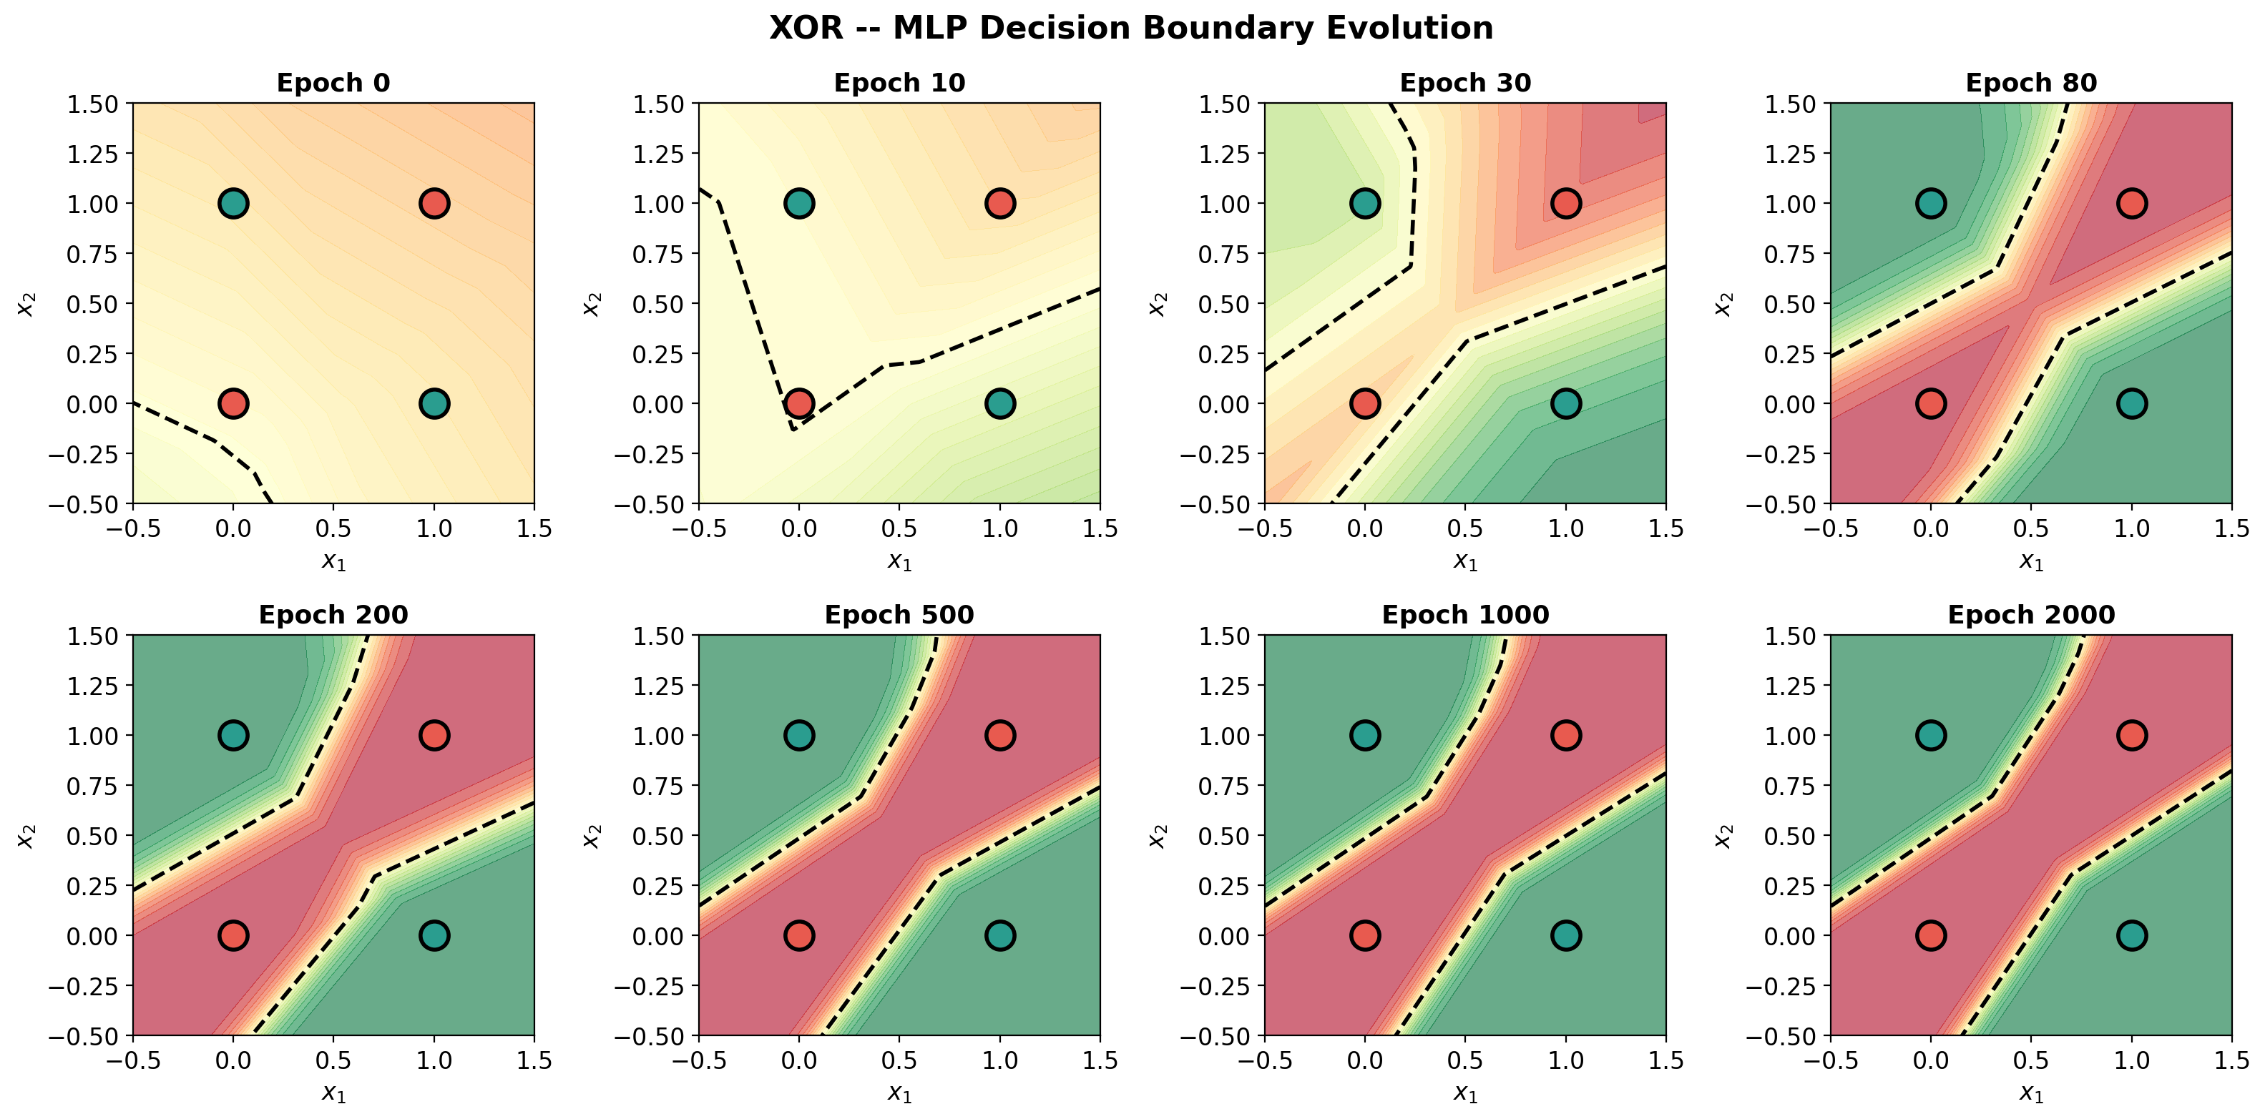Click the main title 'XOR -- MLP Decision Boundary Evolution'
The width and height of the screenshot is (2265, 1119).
point(1131,28)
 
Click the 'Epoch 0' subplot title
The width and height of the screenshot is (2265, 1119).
point(333,83)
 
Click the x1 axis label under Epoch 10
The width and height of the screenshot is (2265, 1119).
point(899,561)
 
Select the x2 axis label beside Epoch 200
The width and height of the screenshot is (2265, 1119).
point(26,835)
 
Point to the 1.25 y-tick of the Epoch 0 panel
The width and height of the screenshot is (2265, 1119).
point(93,154)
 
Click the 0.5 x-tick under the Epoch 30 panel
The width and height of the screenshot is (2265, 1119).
point(1465,528)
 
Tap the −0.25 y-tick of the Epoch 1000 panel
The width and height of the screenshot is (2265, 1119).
point(1214,986)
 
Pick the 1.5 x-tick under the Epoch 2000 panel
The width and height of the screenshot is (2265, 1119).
point(2231,1060)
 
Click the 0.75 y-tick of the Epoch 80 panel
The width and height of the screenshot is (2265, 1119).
point(1792,254)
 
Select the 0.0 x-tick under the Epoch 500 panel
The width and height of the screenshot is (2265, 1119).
point(798,1060)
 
